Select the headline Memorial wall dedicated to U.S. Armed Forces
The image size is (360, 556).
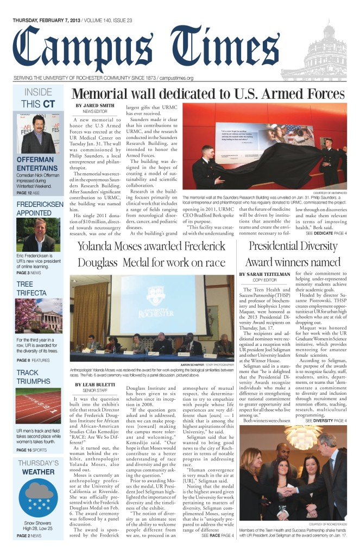[x=209, y=93]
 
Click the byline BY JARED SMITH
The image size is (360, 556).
[x=95, y=105]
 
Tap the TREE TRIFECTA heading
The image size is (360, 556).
[x=32, y=288]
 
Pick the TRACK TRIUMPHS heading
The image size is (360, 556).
[x=35, y=372]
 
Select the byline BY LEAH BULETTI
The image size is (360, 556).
[x=96, y=370]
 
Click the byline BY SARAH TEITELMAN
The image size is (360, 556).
[x=264, y=275]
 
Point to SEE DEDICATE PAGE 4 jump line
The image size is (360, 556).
[x=326, y=233]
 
